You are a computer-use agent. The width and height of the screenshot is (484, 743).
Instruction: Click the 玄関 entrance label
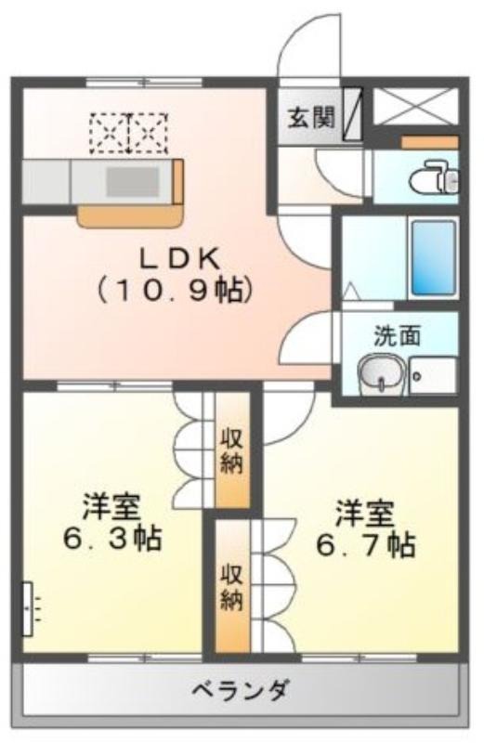311,117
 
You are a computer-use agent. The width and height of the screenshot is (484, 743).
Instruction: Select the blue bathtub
433,258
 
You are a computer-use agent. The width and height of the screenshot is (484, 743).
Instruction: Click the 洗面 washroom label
398,335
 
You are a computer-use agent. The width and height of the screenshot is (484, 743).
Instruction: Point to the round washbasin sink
381,373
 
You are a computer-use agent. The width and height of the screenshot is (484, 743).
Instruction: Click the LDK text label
178,259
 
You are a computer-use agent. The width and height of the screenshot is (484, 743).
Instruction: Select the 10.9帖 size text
175,290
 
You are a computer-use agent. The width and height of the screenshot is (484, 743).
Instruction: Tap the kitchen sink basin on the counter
132,181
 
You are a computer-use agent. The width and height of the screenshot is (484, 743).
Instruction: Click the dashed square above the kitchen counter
129,133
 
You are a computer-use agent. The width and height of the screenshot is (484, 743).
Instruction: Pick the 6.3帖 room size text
112,538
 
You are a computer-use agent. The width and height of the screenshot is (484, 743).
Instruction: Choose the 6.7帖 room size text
365,545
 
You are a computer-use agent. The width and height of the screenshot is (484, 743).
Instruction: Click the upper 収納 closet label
231,450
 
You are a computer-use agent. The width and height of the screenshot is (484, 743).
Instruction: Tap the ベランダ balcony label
240,690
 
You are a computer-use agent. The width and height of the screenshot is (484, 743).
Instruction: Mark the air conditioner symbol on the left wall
30,609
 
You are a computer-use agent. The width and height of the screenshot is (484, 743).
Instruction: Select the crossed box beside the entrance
416,106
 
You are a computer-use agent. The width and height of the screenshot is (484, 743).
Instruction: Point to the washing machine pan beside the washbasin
432,375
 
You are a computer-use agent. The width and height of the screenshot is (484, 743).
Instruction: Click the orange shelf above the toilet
430,142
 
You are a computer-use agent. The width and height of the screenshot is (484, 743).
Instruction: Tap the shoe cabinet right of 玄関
352,113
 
